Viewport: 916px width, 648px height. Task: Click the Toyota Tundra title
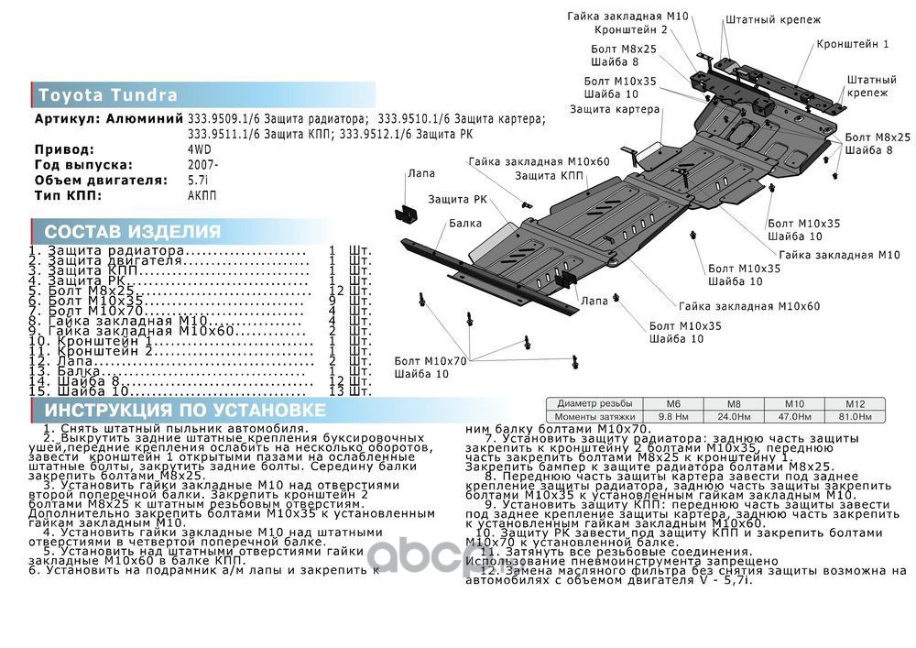pyautogui.click(x=108, y=95)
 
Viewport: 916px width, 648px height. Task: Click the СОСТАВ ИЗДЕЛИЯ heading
pyautogui.click(x=133, y=231)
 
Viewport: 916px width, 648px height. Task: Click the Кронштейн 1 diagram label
pyautogui.click(x=853, y=44)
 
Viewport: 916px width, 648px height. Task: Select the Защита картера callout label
pyautogui.click(x=615, y=109)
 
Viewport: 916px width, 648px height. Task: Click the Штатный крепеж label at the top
pyautogui.click(x=773, y=19)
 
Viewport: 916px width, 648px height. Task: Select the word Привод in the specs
pyautogui.click(x=64, y=148)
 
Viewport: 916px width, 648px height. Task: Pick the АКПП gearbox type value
pyautogui.click(x=202, y=195)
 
